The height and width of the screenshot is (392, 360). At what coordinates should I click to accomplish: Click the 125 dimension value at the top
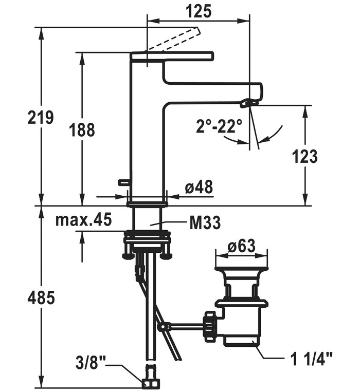(x=199, y=11)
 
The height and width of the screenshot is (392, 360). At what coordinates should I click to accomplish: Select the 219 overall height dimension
(x=40, y=117)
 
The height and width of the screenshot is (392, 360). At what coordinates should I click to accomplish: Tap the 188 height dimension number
(x=82, y=130)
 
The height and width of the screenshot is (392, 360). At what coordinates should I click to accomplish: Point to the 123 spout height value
(x=304, y=157)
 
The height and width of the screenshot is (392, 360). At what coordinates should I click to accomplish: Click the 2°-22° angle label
(x=219, y=126)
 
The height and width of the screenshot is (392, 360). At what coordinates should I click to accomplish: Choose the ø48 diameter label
(x=199, y=186)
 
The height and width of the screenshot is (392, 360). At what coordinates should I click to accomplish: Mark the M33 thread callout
(x=205, y=222)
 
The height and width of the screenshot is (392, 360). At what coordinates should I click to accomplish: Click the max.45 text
(x=83, y=220)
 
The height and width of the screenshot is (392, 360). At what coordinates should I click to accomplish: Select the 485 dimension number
(x=41, y=298)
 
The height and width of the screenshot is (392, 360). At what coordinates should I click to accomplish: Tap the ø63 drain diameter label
(x=241, y=246)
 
